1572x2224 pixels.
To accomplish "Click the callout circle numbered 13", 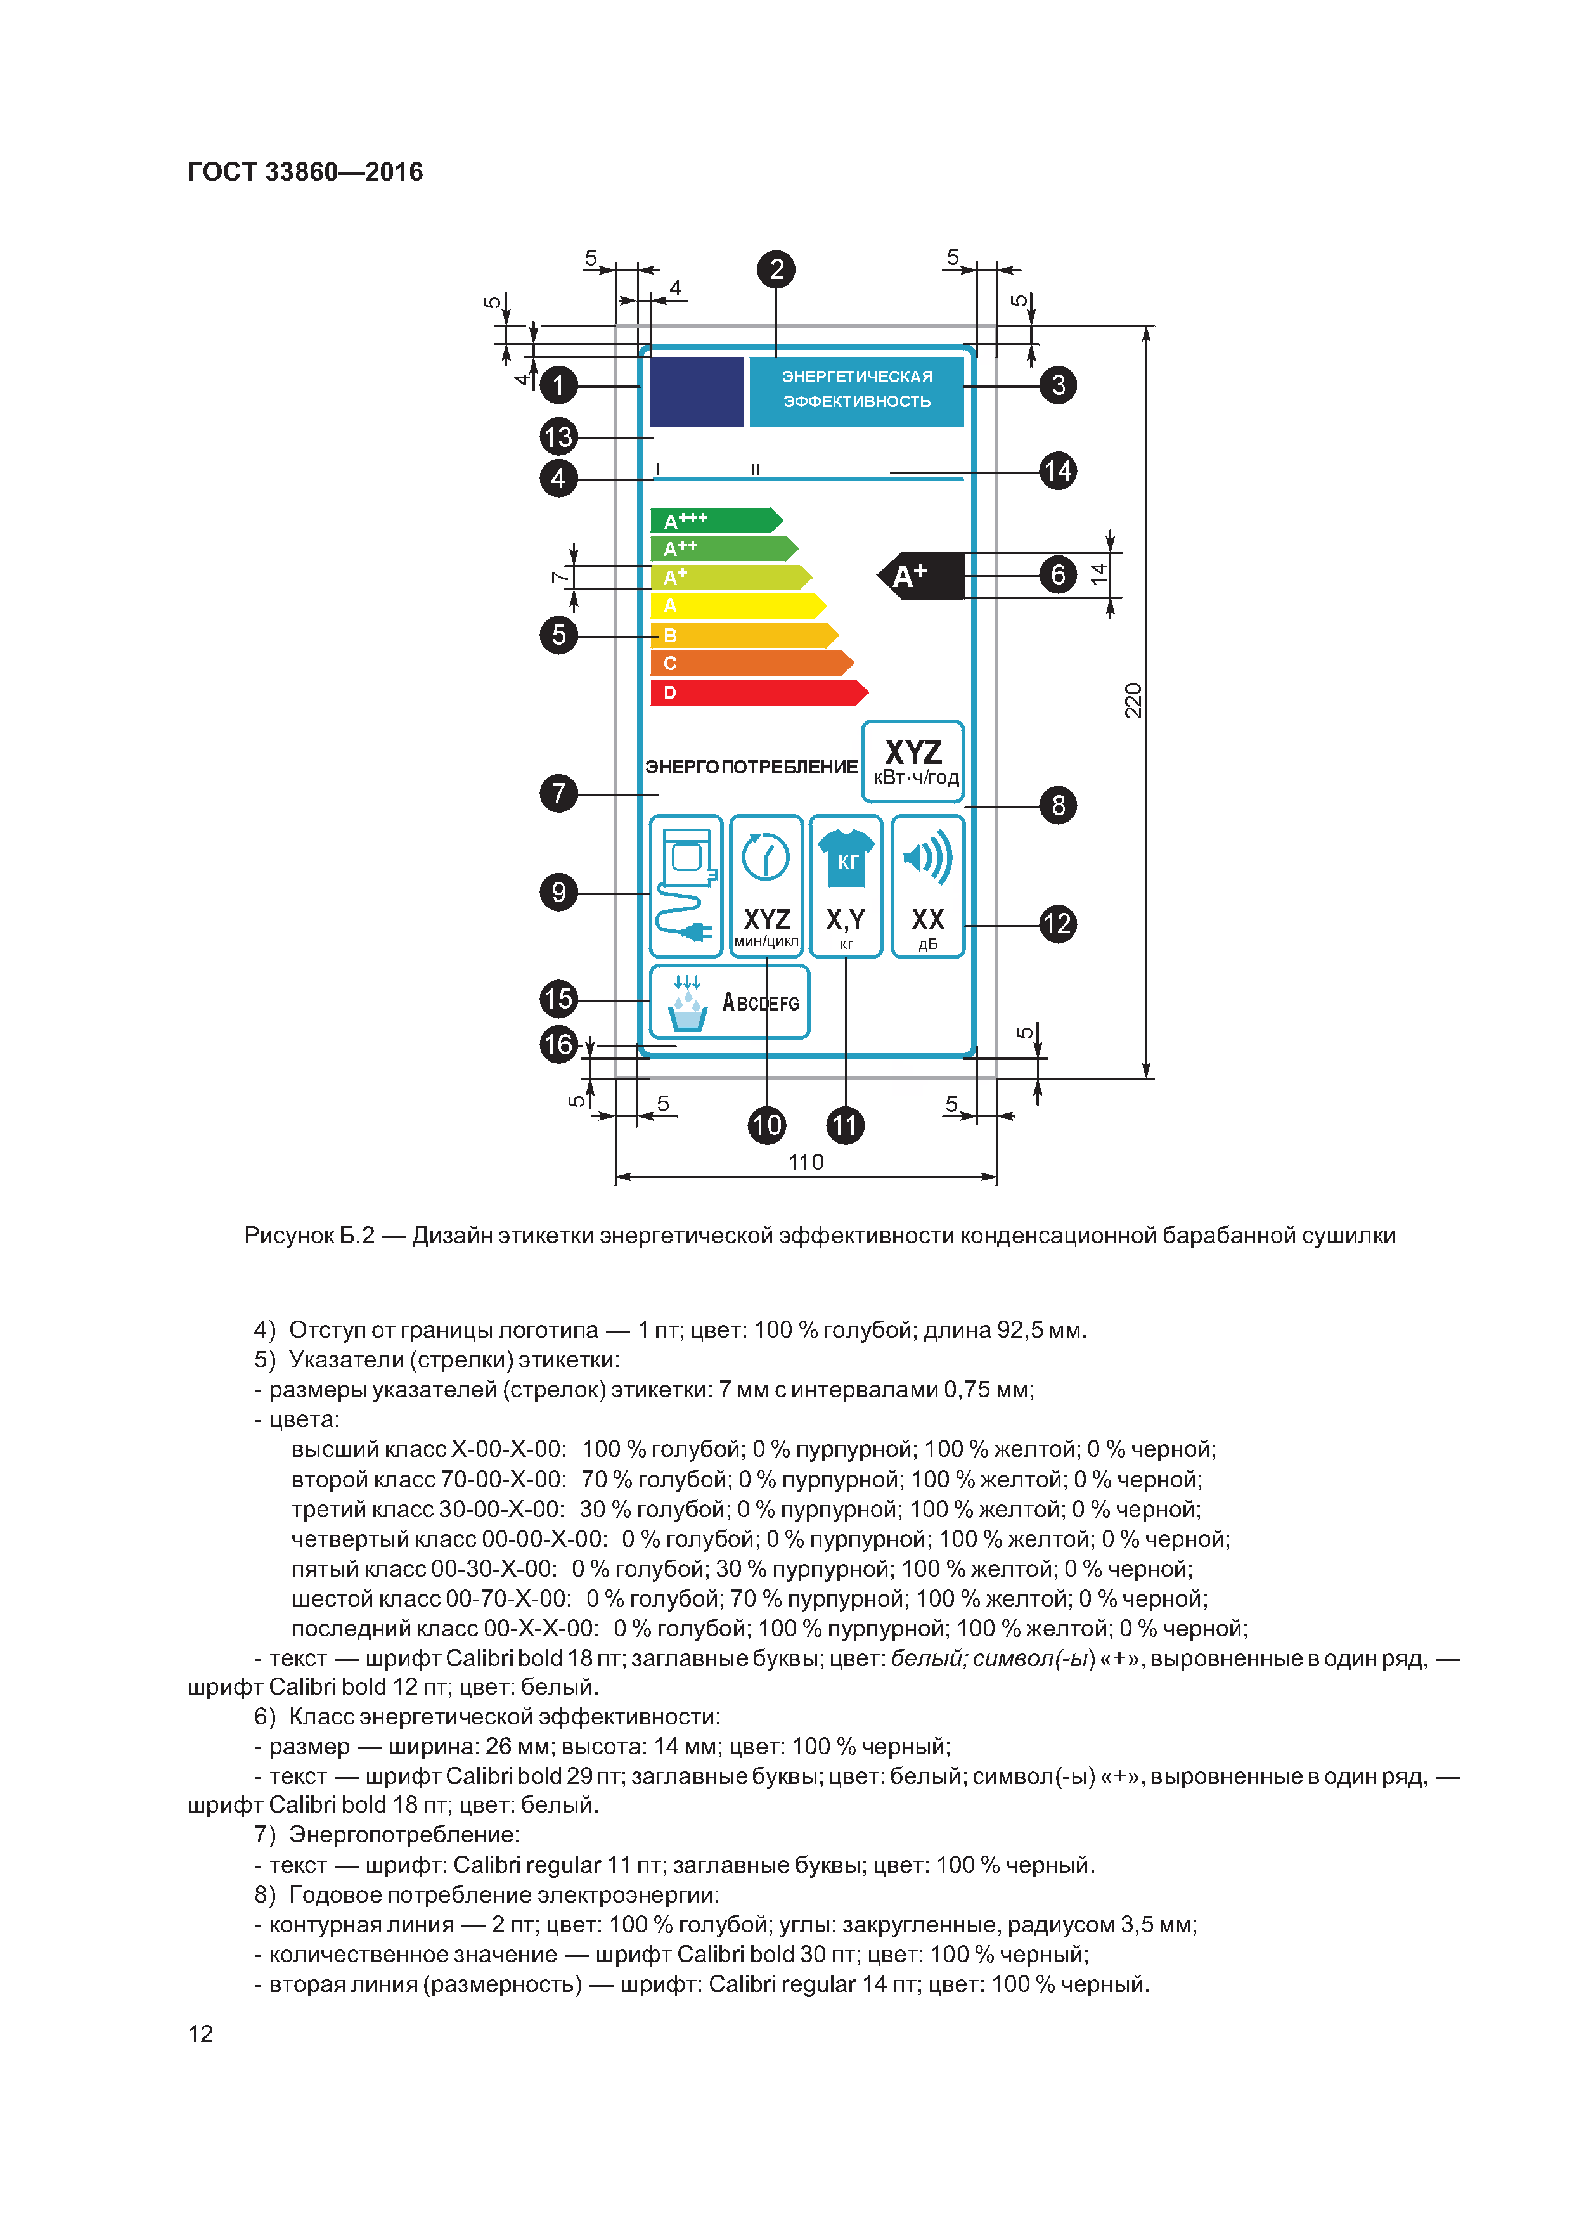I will click(558, 437).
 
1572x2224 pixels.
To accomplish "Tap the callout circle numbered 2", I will click(776, 269).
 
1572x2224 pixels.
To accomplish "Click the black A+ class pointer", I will click(921, 576).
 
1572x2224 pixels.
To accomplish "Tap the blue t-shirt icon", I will click(847, 857).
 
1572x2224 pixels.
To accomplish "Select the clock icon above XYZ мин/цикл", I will click(765, 857).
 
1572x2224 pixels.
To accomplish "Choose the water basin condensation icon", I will click(688, 1004).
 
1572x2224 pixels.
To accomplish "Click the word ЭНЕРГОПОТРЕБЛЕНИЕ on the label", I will click(751, 767).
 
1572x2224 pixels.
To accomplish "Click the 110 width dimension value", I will click(806, 1161).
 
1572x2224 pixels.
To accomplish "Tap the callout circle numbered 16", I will click(558, 1044).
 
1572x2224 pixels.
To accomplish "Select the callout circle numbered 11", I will click(844, 1125).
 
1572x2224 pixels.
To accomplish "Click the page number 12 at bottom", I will click(200, 2033).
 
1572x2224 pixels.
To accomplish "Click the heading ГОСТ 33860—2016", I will click(305, 171).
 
